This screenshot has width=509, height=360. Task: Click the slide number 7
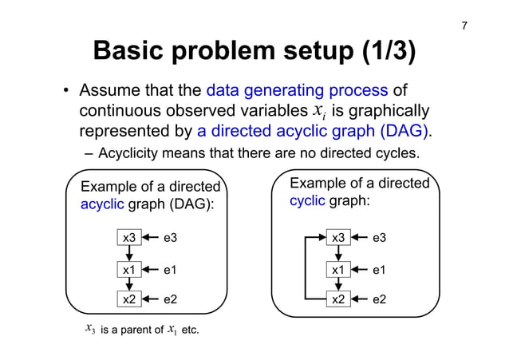(465, 28)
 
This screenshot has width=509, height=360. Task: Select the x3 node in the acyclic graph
(128, 237)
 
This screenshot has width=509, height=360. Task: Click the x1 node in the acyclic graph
(128, 270)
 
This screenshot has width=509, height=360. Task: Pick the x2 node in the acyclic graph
(128, 300)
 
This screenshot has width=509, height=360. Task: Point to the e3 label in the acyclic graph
(170, 237)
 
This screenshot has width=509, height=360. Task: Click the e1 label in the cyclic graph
(380, 270)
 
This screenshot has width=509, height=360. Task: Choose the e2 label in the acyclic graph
(170, 300)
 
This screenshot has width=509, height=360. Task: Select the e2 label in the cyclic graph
(380, 300)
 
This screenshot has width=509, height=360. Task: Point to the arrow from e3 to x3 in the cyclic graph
(361, 237)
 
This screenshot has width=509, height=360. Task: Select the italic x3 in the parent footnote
(89, 328)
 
